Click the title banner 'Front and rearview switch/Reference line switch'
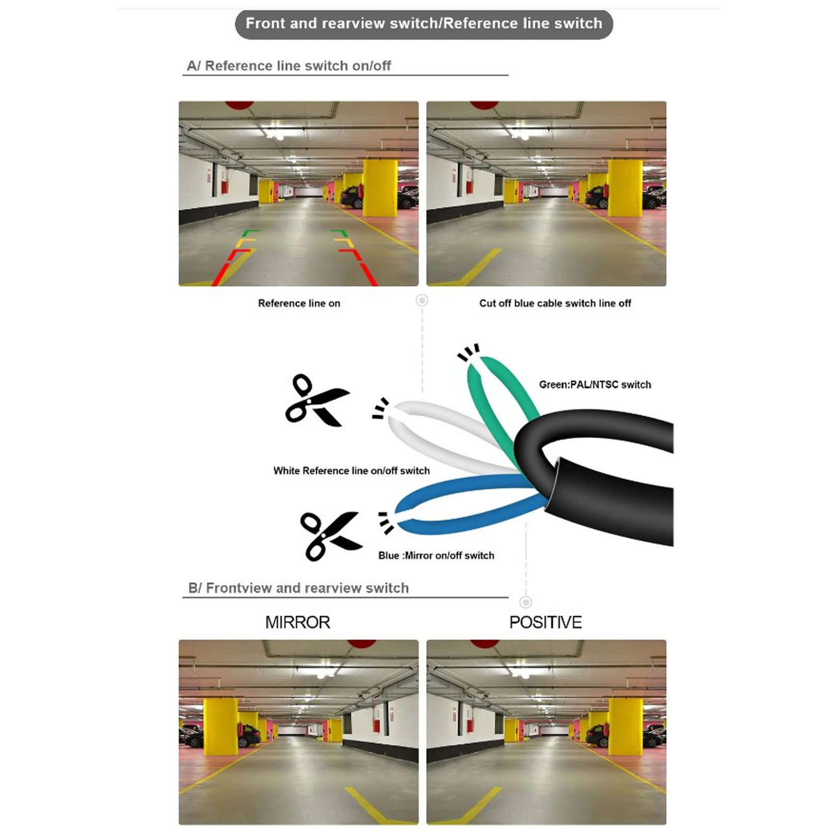tap(424, 24)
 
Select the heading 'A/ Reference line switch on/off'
tap(289, 66)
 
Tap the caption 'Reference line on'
tap(299, 303)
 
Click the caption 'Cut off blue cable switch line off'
tap(555, 303)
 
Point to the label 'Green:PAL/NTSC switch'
tap(595, 385)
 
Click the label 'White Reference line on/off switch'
tap(351, 471)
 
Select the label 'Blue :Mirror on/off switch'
tap(436, 555)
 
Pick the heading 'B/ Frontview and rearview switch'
tap(298, 588)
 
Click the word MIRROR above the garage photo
tap(298, 622)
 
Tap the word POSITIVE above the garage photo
tap(545, 622)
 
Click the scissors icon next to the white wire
tap(316, 400)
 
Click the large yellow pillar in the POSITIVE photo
tap(625, 726)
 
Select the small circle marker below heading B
tap(526, 602)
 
